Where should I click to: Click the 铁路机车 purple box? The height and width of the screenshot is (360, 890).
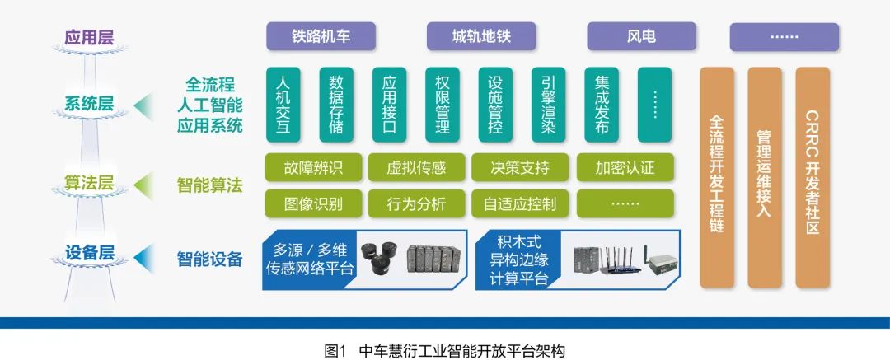point(321,37)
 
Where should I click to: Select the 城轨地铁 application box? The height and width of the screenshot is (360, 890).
point(481,37)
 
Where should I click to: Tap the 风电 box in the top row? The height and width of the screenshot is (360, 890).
point(641,37)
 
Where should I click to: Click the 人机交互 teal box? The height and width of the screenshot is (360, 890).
point(283,105)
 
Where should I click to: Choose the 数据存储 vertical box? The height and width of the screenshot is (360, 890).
point(336,105)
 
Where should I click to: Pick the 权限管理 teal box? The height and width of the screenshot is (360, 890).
point(442,105)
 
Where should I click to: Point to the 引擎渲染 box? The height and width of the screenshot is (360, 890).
point(548,105)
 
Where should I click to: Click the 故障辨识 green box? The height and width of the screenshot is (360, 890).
point(313,168)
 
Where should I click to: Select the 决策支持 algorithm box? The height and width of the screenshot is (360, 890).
point(520,168)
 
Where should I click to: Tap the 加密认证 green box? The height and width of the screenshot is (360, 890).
point(625,168)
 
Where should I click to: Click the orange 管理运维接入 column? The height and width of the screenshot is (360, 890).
point(764,177)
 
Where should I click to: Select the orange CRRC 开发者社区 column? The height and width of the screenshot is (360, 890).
point(813,177)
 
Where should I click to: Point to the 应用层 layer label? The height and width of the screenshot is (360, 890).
point(89,38)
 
